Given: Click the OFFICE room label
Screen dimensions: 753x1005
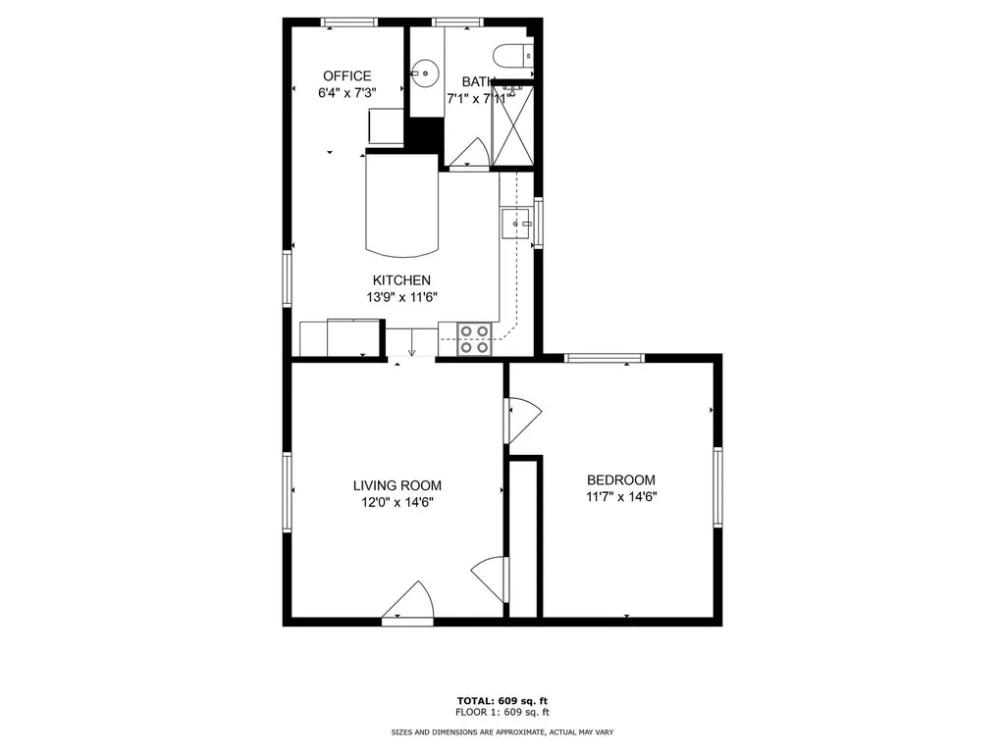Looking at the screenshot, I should (346, 76).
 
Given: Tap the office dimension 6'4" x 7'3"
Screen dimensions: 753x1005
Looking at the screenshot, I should (346, 93).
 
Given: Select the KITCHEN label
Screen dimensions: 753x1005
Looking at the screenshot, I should (400, 280).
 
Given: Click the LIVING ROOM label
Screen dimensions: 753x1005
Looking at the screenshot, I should (397, 485).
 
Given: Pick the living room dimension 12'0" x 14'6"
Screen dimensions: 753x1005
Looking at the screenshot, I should (397, 502).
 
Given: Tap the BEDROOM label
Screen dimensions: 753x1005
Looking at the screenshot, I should (620, 479).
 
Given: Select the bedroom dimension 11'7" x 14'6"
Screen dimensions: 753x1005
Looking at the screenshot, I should (620, 496).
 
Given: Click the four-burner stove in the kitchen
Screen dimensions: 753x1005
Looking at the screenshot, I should (475, 339).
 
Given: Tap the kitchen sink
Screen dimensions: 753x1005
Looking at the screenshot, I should (514, 224).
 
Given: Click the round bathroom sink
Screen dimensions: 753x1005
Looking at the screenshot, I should (424, 71).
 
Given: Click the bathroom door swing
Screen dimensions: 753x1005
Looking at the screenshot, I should (472, 153).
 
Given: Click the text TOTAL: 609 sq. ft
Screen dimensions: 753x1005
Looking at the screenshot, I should (502, 700).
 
